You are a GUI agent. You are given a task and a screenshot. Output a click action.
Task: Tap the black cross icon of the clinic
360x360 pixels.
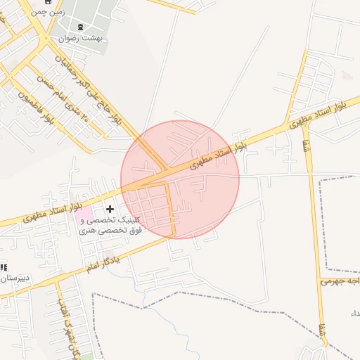[x=110, y=209]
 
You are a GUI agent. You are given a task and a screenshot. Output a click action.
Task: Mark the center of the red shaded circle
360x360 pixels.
[x=180, y=179]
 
